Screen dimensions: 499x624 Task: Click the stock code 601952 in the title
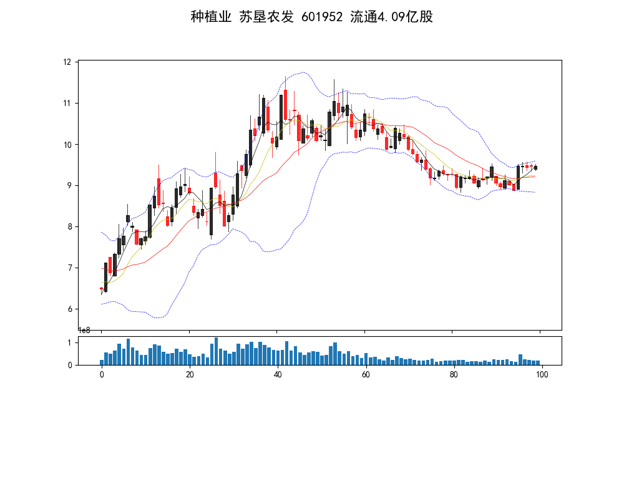tap(322, 17)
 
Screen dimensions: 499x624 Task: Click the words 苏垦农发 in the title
tap(266, 17)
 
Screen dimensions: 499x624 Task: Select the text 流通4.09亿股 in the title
tap(392, 17)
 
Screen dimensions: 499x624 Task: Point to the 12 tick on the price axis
tap(67, 62)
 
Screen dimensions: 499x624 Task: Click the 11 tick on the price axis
tap(67, 103)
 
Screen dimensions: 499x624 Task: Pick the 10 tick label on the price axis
tap(67, 144)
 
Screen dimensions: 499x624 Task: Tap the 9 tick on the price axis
tap(70, 185)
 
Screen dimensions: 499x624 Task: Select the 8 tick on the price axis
tap(70, 226)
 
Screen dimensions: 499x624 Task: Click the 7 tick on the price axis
tap(70, 268)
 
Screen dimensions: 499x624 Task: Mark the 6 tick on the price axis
tap(70, 309)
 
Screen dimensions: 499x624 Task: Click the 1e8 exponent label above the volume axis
tap(84, 331)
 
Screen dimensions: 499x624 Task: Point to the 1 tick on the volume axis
tap(70, 342)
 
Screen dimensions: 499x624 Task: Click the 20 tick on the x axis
tap(190, 374)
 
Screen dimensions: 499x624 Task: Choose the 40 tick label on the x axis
tap(278, 374)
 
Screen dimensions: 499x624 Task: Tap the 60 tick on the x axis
tap(366, 374)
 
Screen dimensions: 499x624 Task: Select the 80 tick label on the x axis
tap(454, 374)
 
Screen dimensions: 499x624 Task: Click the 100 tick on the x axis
tap(542, 374)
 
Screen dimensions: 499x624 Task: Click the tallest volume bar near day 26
tap(216, 351)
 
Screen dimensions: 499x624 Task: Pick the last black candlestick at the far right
tap(535, 168)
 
